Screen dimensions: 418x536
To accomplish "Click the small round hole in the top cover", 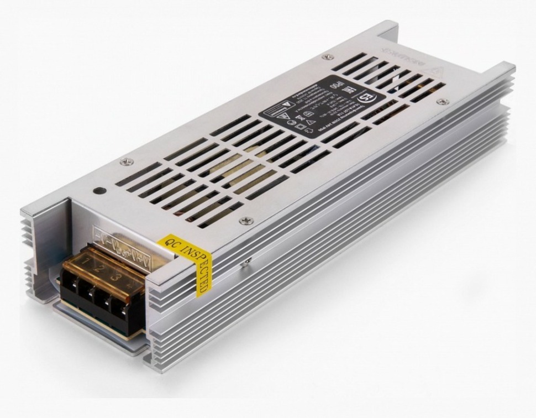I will [99, 191].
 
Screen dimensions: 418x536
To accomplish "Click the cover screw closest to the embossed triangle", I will [440, 101].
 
